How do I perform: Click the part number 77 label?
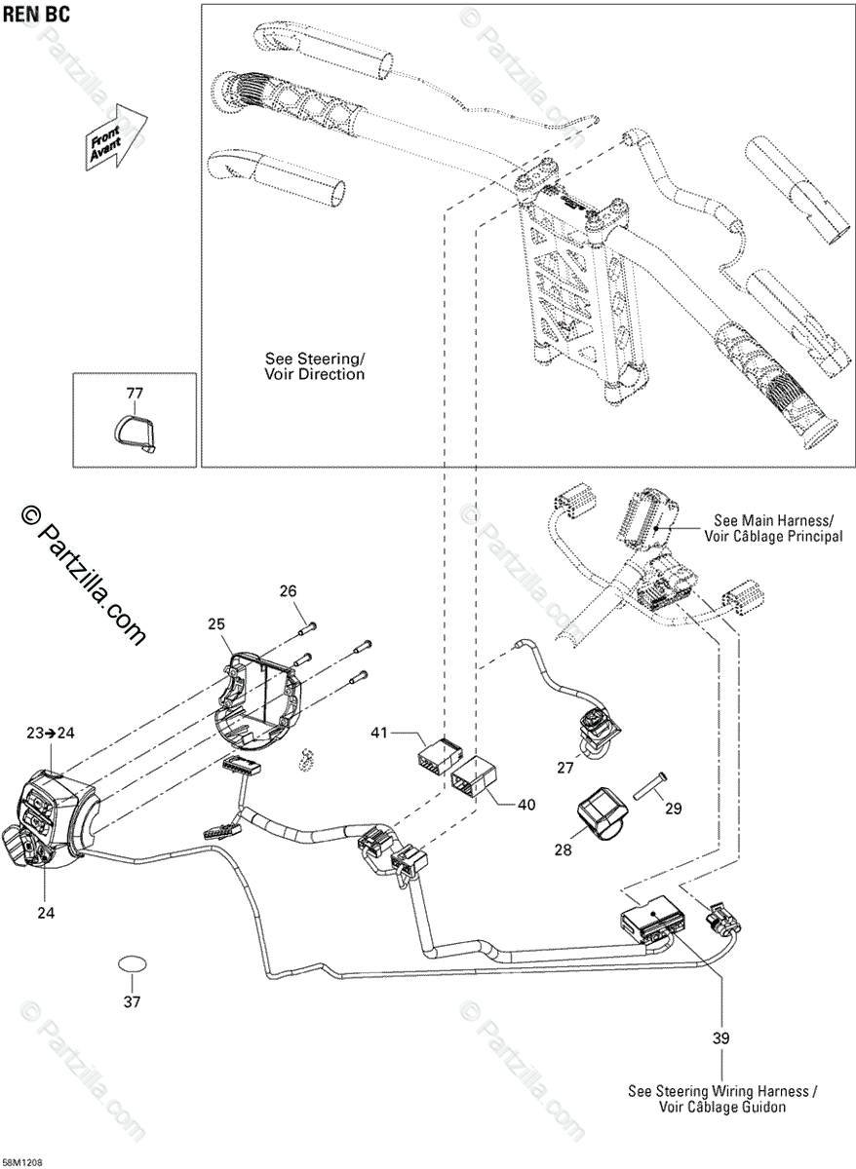134,394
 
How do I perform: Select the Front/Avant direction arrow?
116,138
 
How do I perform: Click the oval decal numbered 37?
132,963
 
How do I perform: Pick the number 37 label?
132,1000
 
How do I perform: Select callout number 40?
526,805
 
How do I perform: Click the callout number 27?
565,768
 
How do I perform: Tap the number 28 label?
564,849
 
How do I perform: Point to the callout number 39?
720,1038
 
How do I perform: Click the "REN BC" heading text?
35,15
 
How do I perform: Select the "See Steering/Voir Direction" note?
315,366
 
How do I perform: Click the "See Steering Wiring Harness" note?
722,1099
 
